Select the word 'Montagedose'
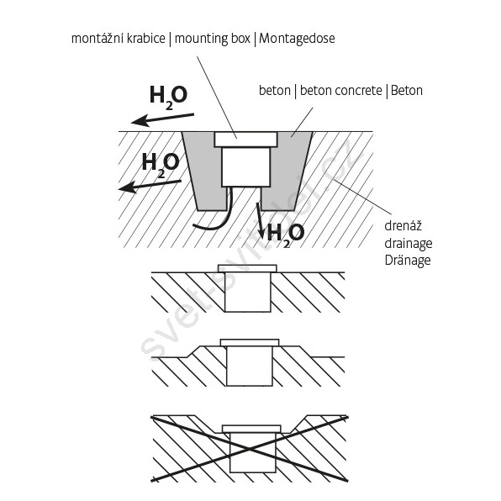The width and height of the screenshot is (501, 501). point(297,39)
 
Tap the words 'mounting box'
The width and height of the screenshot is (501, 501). point(213,39)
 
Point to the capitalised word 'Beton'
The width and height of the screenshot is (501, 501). point(406,91)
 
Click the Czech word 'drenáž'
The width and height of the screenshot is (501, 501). point(403,226)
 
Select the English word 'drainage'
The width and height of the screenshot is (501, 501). point(409,244)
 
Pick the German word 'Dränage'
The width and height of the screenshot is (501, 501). point(408,261)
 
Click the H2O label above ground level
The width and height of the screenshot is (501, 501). point(168,97)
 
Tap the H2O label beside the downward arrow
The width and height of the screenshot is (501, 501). point(285,235)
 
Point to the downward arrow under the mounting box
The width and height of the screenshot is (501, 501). point(260,221)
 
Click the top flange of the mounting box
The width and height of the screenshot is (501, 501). point(245,140)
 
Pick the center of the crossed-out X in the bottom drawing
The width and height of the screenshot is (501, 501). point(249,450)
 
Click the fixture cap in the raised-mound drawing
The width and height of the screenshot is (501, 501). point(250,342)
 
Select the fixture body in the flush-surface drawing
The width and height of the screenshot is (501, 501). point(248,292)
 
